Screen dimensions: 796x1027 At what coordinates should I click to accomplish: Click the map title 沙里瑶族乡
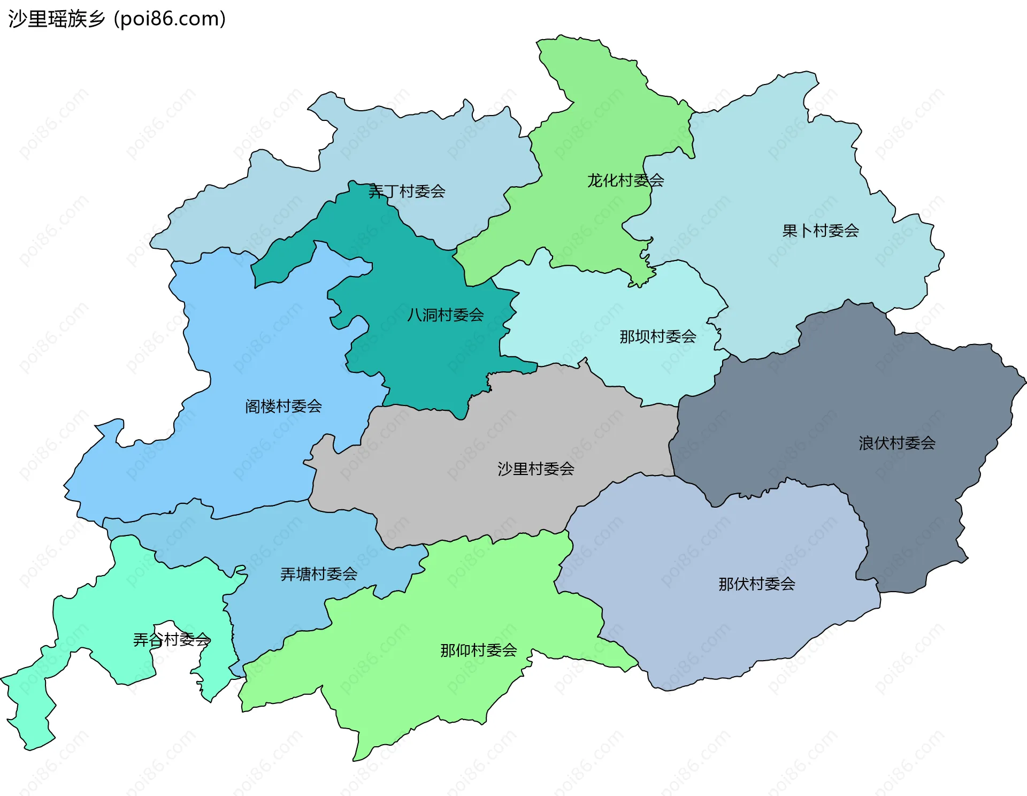point(57,19)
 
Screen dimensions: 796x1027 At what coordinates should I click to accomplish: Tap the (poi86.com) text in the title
point(170,19)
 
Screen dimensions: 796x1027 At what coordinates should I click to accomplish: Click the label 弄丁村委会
point(407,191)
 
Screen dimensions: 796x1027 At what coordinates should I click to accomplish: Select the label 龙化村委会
point(625,180)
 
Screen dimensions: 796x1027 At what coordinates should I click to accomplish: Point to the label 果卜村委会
point(821,231)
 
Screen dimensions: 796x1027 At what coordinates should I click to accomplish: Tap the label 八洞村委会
point(445,315)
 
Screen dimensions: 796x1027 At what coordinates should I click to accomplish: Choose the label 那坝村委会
point(657,336)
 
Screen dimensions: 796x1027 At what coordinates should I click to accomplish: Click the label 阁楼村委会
point(283,406)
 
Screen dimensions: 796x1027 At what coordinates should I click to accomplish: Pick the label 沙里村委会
point(535,469)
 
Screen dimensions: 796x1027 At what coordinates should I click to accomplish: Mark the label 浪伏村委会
point(896,443)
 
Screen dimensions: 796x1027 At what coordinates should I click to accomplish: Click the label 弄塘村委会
point(319,574)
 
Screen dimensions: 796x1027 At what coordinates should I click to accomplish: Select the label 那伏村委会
point(756,584)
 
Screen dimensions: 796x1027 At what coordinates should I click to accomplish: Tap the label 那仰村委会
point(478,650)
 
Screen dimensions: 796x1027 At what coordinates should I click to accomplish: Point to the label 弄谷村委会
point(171,639)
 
